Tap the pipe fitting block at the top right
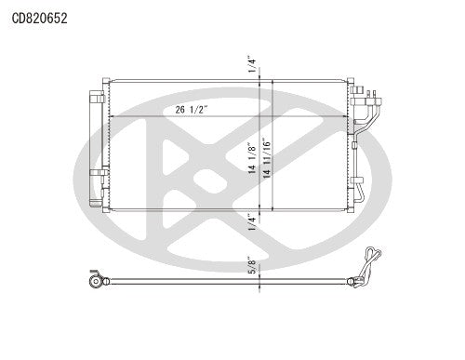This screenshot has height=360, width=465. coord(365,93)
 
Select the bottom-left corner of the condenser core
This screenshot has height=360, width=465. coord(110,211)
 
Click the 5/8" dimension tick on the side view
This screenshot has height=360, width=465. coord(260,276)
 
